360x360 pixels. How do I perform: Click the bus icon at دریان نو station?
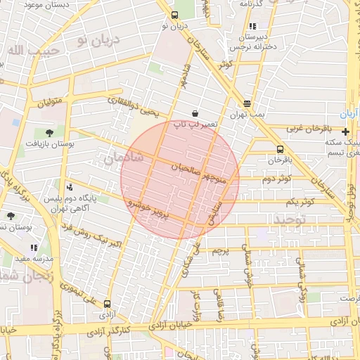pyautogui.click(x=175, y=15)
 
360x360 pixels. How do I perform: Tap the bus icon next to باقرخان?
pyautogui.click(x=281, y=149)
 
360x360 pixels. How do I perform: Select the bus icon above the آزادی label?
pyautogui.click(x=107, y=304)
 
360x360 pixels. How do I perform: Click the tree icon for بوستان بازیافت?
pyautogui.click(x=49, y=132)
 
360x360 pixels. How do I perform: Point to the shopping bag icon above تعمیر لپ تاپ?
pyautogui.click(x=195, y=113)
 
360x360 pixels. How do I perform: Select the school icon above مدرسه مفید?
pyautogui.click(x=34, y=247)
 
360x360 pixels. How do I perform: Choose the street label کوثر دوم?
pyautogui.click(x=276, y=179)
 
